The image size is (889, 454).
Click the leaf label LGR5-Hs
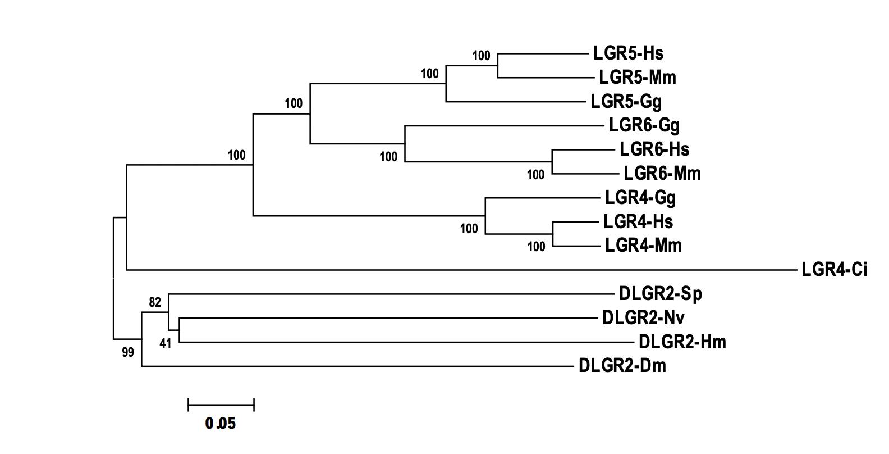(628, 53)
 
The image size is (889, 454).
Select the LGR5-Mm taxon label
(637, 78)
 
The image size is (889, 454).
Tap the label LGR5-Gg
(626, 102)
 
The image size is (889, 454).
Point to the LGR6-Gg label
(644, 125)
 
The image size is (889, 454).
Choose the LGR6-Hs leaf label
(654, 149)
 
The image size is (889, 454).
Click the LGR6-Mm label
(662, 174)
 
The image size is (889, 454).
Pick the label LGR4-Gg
(640, 198)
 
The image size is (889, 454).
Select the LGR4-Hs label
(638, 222)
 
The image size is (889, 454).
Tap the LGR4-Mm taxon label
(643, 246)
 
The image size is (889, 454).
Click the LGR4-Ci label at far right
(834, 270)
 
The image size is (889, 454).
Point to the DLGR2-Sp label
(660, 294)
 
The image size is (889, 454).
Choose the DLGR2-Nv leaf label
(643, 318)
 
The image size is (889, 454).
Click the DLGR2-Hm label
(682, 342)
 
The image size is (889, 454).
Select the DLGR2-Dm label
(622, 366)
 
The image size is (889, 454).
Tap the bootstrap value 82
(155, 302)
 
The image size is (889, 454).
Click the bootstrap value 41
(165, 343)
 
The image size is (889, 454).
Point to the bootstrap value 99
(128, 353)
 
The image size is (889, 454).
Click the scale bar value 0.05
(221, 424)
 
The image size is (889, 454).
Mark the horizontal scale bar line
(221, 405)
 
